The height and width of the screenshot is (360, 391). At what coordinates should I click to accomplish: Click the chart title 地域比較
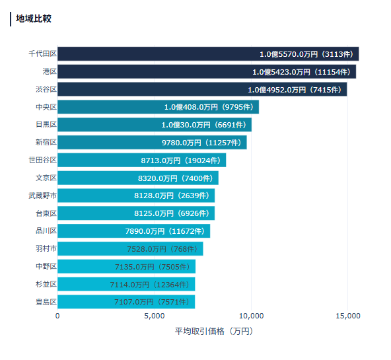tap(34, 18)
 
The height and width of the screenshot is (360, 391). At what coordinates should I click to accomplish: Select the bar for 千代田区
tap(207, 54)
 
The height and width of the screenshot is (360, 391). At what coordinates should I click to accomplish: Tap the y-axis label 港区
tap(49, 71)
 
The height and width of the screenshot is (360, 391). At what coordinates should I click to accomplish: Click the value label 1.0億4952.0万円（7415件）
tap(295, 89)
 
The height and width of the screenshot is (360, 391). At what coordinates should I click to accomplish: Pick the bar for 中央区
tap(158, 106)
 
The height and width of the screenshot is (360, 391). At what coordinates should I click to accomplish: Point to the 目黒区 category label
tap(46, 124)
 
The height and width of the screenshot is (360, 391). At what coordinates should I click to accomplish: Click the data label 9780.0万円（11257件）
tap(203, 142)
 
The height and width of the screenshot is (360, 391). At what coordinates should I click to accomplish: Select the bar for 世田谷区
tap(141, 160)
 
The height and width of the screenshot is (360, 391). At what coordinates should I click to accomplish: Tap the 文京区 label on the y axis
tap(46, 178)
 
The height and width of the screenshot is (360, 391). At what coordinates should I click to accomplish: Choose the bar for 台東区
tap(135, 213)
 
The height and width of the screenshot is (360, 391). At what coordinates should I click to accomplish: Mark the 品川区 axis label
tap(46, 231)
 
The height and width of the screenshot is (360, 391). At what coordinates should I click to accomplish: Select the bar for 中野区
tap(126, 266)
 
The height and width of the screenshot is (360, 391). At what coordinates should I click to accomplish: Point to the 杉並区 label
tap(46, 284)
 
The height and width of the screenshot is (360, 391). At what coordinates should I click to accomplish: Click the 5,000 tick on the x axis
tap(154, 316)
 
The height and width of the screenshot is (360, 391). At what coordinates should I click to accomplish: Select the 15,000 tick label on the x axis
tap(347, 316)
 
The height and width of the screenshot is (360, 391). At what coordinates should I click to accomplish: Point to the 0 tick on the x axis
tap(57, 316)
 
